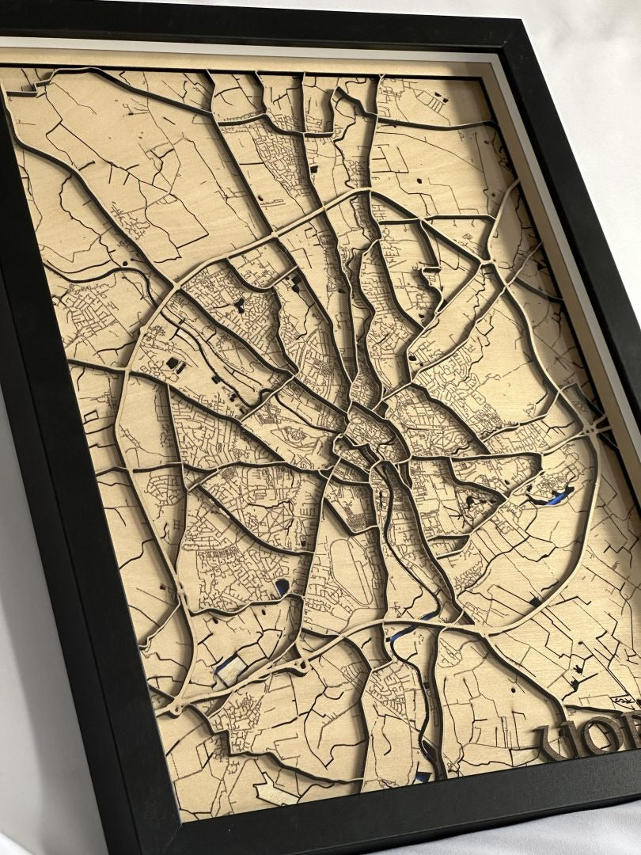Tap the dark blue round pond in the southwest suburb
coord(282,587)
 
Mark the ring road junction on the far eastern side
coord(598,427)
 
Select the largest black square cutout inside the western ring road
coord(173,363)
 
